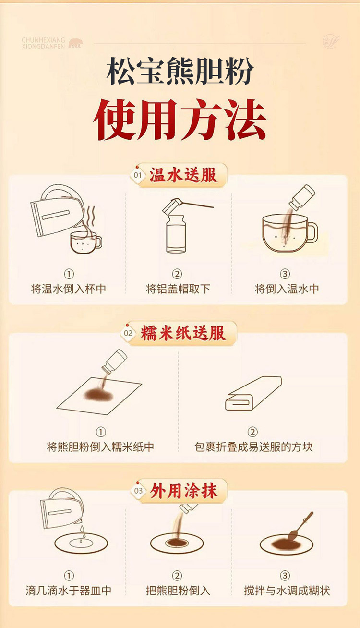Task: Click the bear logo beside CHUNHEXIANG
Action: (76, 43)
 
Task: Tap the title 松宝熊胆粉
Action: (180, 71)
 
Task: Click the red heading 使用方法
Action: (180, 120)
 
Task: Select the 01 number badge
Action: (137, 176)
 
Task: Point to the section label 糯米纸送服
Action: (183, 333)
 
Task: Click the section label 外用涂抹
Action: (183, 491)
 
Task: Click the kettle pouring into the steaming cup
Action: (58, 210)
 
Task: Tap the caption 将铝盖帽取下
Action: (178, 289)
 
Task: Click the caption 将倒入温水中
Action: (287, 289)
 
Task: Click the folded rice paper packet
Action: (253, 394)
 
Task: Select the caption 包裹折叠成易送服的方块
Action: (253, 447)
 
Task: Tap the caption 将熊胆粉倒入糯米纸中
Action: (100, 447)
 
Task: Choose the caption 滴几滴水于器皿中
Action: (69, 591)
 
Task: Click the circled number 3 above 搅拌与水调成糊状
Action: (285, 576)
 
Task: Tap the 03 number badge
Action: (138, 491)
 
